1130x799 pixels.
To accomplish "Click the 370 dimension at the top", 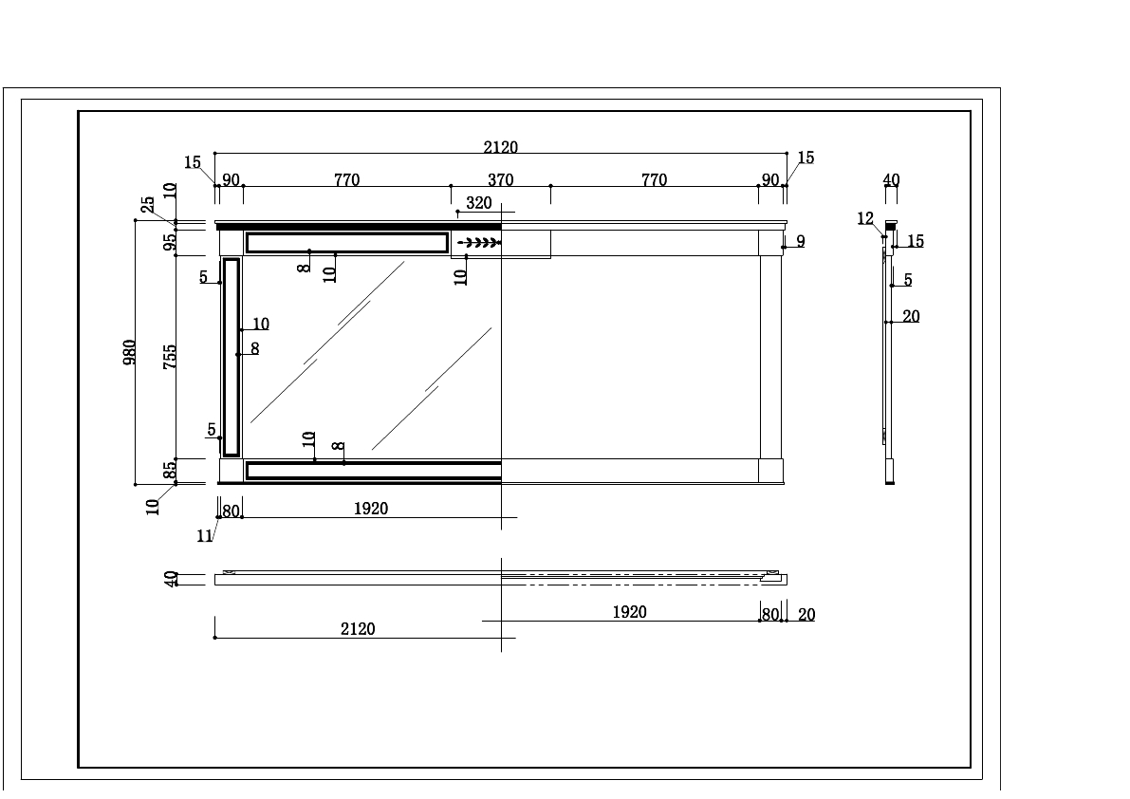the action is pyautogui.click(x=500, y=180).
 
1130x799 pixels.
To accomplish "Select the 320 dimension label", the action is pyautogui.click(x=479, y=203).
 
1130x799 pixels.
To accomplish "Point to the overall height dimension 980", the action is pyautogui.click(x=131, y=351).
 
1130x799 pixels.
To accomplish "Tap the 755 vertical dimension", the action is pyautogui.click(x=171, y=356).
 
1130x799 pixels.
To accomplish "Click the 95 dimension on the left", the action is pyautogui.click(x=171, y=241).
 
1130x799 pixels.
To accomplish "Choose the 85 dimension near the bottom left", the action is pyautogui.click(x=171, y=470).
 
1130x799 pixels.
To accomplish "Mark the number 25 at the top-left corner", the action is pyautogui.click(x=148, y=205).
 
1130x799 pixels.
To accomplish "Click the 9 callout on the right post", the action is pyautogui.click(x=801, y=242).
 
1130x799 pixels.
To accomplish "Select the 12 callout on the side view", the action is pyautogui.click(x=865, y=219).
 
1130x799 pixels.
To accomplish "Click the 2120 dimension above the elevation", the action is pyautogui.click(x=500, y=147).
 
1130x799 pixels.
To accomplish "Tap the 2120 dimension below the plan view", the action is pyautogui.click(x=358, y=629).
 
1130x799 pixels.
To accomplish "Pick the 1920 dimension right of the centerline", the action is pyautogui.click(x=629, y=613).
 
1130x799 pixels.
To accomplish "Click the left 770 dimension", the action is pyautogui.click(x=346, y=180).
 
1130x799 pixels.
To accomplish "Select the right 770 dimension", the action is pyautogui.click(x=654, y=180).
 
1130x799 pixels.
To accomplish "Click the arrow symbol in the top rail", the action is pyautogui.click(x=478, y=243).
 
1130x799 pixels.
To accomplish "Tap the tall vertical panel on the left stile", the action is pyautogui.click(x=232, y=357).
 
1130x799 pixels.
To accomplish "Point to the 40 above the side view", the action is pyautogui.click(x=891, y=180).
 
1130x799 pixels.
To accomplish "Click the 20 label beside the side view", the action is pyautogui.click(x=911, y=317).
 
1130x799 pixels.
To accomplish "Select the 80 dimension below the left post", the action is pyautogui.click(x=231, y=511).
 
